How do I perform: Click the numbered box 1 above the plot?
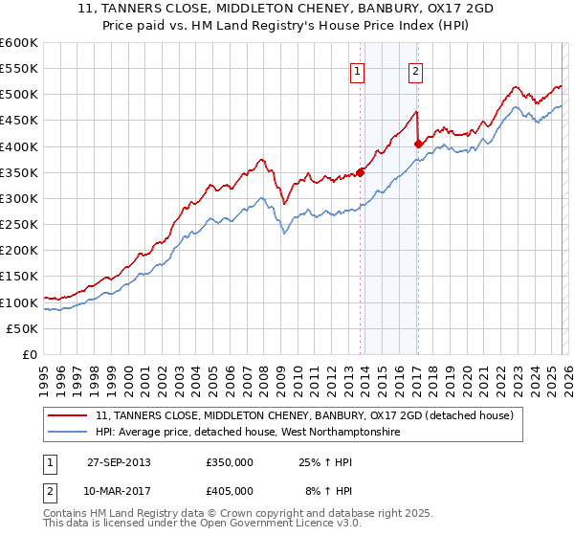[x=357, y=70]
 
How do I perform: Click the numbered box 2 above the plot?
[x=416, y=70]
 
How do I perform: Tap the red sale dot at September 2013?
[x=361, y=172]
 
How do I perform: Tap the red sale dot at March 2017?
[x=418, y=145]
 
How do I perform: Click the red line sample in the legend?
[x=68, y=415]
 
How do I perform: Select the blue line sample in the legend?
[x=68, y=433]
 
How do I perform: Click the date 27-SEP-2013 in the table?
[x=119, y=461]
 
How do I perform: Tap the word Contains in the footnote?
[x=65, y=515]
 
